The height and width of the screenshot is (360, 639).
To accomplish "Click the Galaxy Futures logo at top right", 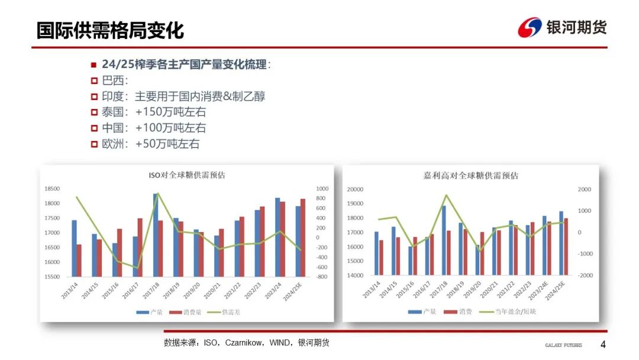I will [562, 27].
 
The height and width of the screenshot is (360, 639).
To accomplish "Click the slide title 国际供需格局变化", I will [110, 30].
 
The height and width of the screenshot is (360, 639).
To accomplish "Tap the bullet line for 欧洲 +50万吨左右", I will [145, 144].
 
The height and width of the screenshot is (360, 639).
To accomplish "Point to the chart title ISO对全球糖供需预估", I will [186, 175].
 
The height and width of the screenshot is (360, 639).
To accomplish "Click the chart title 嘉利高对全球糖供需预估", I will [471, 176].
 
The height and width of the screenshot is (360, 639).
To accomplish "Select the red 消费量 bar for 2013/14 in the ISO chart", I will [79, 261].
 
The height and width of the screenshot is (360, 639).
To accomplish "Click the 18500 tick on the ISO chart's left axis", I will [52, 189].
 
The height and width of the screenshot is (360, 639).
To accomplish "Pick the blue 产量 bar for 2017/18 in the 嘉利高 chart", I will [444, 240].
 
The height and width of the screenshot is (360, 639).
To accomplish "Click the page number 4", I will [603, 345].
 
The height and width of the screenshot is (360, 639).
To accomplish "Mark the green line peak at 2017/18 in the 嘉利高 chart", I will [446, 195].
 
